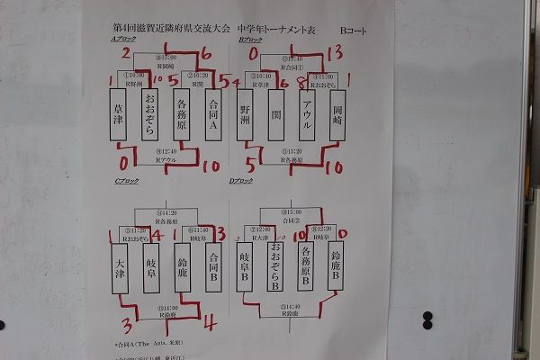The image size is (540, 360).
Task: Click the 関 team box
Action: [275, 113]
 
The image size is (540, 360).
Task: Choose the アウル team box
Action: [307, 113]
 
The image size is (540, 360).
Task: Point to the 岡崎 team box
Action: [337, 113]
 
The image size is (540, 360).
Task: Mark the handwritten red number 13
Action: [334, 52]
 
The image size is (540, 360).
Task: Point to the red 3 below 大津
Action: [127, 324]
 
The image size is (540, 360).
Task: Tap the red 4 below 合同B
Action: [209, 322]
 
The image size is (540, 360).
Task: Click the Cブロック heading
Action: [121, 184]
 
